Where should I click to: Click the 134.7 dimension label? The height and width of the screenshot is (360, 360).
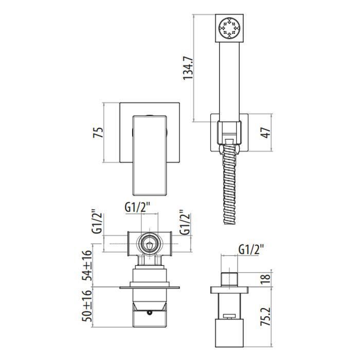[188, 68]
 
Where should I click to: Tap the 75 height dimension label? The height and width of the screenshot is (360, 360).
[98, 133]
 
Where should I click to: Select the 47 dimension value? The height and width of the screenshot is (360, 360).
[266, 133]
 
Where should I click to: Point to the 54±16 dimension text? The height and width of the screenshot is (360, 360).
[87, 265]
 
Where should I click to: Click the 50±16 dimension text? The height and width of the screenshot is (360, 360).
[87, 306]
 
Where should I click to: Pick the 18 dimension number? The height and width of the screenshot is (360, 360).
[266, 279]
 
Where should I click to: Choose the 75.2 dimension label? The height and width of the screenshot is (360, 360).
[266, 316]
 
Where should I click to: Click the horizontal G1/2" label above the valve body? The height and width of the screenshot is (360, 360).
[138, 208]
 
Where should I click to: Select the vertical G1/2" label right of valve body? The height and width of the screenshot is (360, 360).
[185, 223]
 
